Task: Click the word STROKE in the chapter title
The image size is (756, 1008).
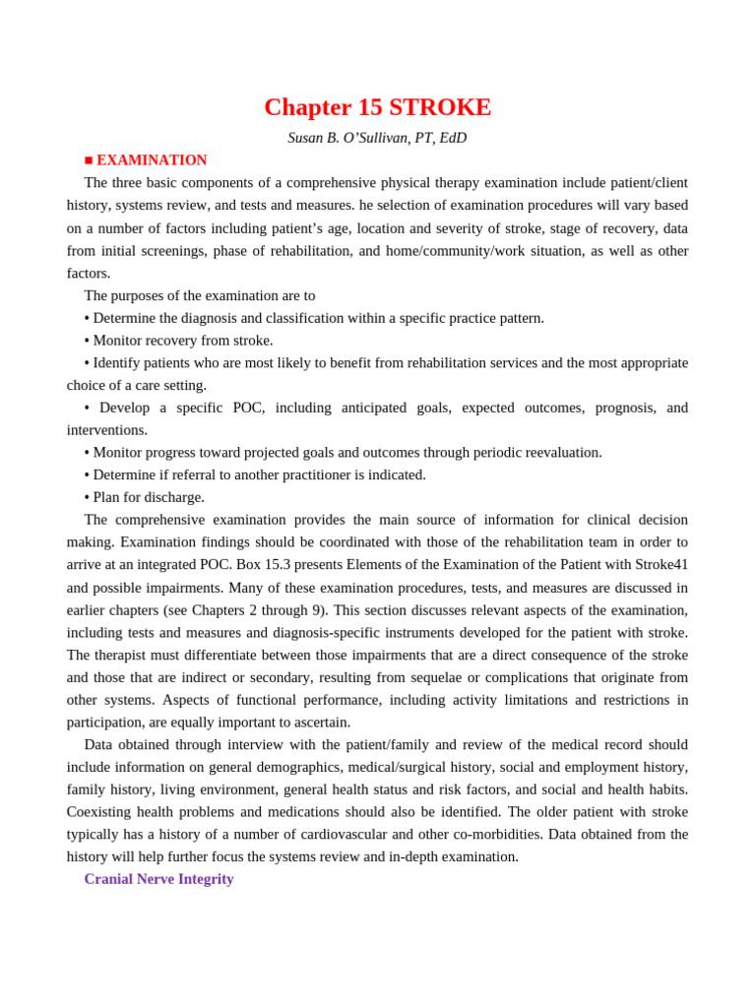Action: click(440, 107)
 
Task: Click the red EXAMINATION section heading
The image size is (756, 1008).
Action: click(152, 160)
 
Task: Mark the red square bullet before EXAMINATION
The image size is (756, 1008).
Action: click(89, 160)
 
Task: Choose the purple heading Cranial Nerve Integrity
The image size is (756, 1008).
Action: click(158, 879)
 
